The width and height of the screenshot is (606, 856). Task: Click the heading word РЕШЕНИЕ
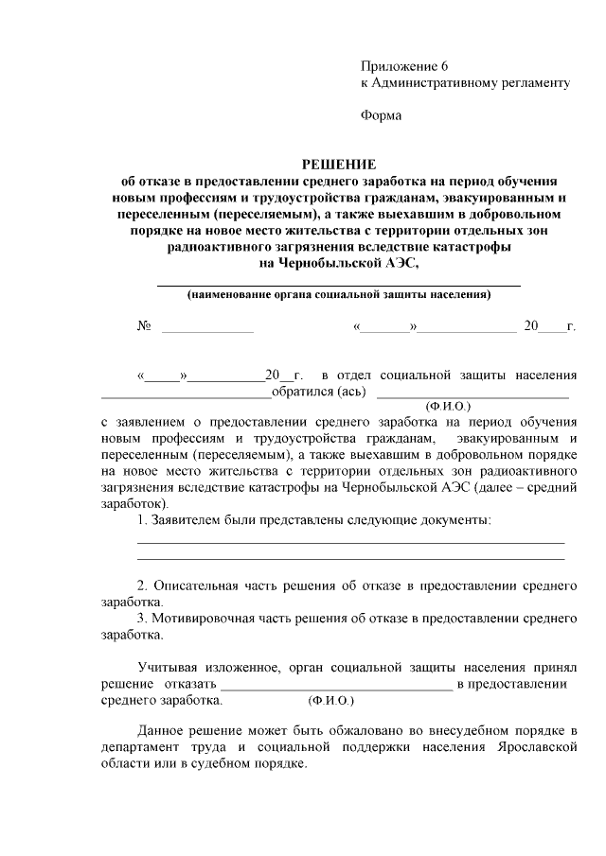point(338,164)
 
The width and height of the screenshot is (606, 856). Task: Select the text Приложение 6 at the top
point(402,66)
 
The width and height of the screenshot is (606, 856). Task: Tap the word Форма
point(381,116)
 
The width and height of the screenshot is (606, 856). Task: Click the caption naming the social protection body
point(338,294)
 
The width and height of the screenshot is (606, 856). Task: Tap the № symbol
point(145,326)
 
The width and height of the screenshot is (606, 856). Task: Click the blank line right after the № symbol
point(208,329)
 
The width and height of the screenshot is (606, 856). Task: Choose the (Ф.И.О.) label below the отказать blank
point(330,702)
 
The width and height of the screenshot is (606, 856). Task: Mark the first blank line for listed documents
point(351,543)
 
